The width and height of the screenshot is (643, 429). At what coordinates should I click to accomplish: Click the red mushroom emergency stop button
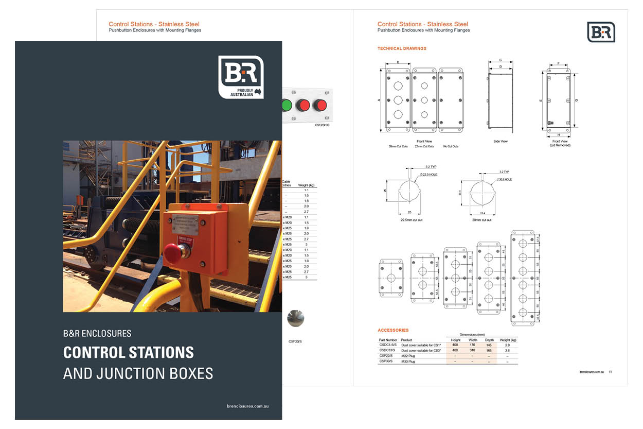(173, 253)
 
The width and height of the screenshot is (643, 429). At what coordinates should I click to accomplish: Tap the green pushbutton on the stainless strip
(285, 106)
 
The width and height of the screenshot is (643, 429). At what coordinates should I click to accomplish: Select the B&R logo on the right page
(601, 32)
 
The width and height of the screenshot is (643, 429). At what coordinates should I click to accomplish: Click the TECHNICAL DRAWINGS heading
(402, 48)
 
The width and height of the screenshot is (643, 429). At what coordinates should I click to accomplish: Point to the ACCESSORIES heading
(393, 330)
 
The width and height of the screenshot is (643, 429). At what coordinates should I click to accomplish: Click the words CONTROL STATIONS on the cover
(129, 353)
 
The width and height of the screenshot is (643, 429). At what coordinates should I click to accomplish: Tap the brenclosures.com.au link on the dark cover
(247, 406)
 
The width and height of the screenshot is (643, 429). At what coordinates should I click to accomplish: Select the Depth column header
(489, 340)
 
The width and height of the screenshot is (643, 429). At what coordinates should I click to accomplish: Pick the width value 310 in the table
(473, 350)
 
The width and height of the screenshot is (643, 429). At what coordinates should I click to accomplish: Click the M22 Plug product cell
(408, 356)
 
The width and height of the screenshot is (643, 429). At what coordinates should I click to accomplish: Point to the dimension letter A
(379, 100)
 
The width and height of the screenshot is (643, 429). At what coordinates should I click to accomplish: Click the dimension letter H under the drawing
(558, 135)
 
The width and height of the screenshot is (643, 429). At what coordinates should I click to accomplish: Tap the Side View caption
(500, 142)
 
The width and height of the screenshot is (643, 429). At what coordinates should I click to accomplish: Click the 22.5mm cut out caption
(412, 220)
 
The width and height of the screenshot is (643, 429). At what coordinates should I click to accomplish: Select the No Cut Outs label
(451, 146)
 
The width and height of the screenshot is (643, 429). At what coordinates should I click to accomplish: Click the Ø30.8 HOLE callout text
(505, 179)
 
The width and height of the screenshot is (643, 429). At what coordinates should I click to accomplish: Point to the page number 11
(610, 371)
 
